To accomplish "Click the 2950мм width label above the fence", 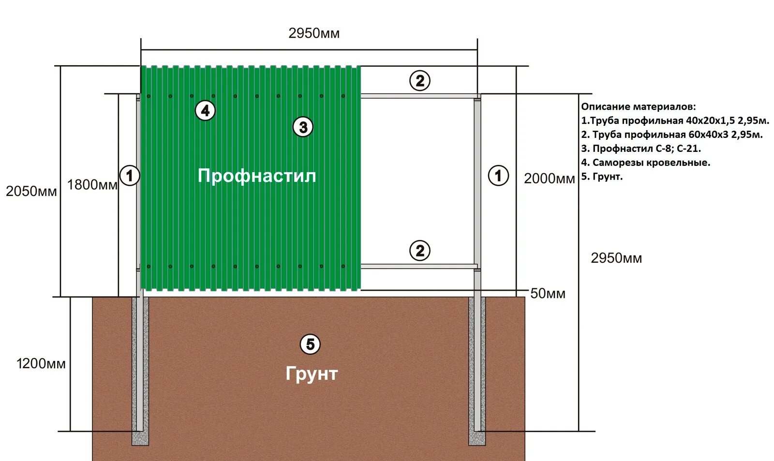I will pos(314,33).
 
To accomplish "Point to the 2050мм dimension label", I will pos(31,192).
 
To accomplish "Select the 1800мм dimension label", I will pos(92,185).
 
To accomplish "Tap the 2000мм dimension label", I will pos(549,178).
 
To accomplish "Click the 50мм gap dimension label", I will pos(548,294).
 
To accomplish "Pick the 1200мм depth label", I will pos(41,364).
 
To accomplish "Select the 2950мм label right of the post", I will pos(616,258).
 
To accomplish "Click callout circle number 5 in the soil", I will pos(310,344).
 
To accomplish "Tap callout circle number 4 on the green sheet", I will pos(205,111).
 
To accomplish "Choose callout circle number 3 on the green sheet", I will pos(303,127).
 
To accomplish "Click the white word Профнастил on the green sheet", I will pos(257,176).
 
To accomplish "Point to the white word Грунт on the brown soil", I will pos(311,373).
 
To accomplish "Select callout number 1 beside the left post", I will pos(130,175).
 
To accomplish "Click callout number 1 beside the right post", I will pos(498,175).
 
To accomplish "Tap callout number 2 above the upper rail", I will pos(420,81).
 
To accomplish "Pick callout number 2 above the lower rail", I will pos(420,251).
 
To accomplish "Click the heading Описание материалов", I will pos(638,107).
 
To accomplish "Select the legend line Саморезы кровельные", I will pos(645,163).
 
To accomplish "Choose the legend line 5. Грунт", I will pos(602,177).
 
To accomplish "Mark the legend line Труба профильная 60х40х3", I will pos(671,134).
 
